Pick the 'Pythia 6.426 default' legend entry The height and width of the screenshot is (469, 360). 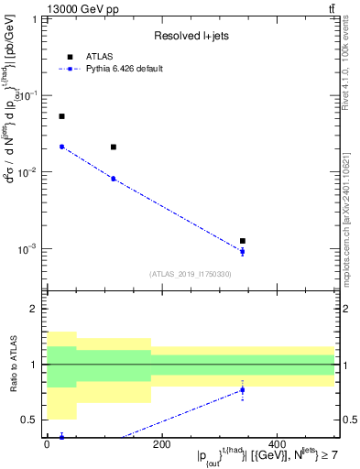tap(124, 69)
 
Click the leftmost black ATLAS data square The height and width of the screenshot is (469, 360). tap(61, 116)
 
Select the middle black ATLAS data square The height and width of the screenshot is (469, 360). tap(113, 147)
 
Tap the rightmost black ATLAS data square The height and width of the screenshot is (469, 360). tap(243, 241)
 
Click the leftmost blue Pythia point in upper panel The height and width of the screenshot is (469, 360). tap(61, 147)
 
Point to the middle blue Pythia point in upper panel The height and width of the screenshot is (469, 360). tap(113, 179)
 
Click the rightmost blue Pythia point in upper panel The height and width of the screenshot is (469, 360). tap(243, 251)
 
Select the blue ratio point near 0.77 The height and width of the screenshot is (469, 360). tap(243, 389)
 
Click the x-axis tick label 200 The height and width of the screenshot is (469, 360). tap(161, 445)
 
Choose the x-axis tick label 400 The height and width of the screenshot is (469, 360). tap(276, 445)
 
